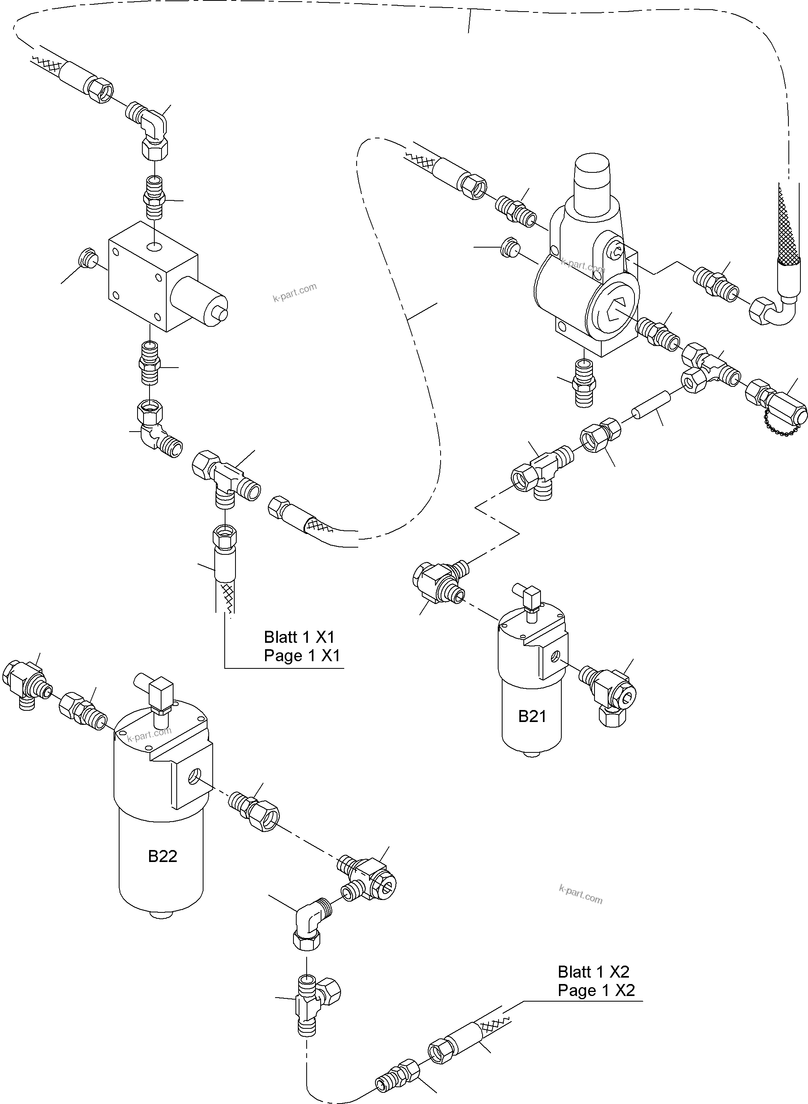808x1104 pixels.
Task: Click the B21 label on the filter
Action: click(532, 716)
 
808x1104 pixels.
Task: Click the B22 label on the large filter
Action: click(162, 856)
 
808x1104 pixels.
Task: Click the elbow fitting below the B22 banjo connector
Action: click(311, 922)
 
